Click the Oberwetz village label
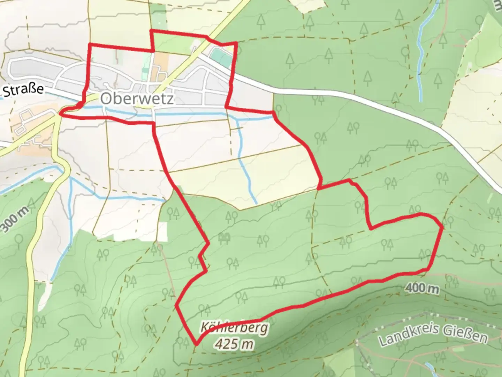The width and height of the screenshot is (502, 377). click(137, 99)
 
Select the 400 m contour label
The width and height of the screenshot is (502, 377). click(422, 288)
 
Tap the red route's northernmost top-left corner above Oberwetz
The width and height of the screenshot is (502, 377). click(151, 31)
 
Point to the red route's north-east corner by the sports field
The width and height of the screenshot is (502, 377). click(237, 43)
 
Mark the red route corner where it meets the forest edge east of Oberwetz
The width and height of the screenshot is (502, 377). click(273, 112)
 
